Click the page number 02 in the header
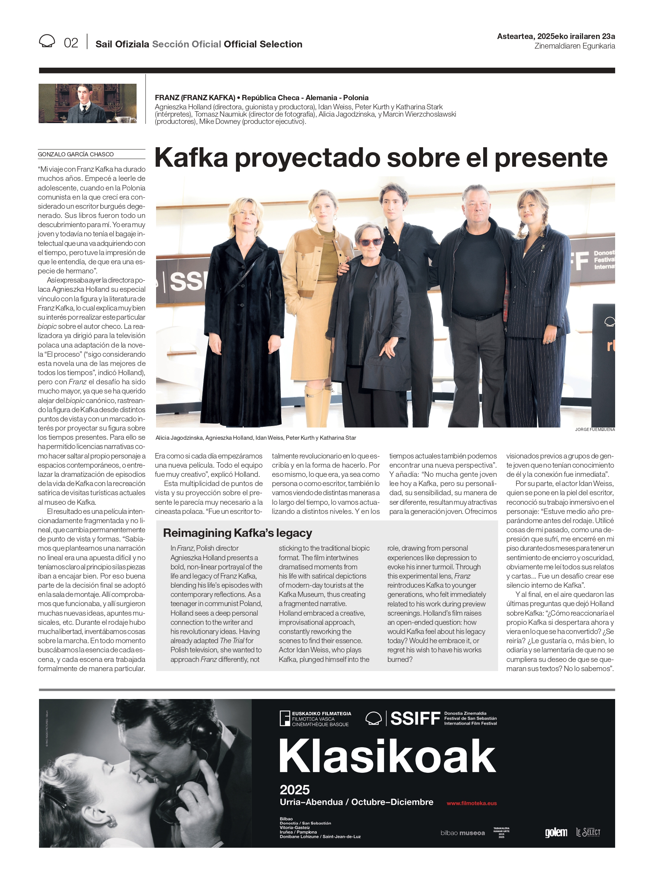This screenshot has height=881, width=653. pyautogui.click(x=71, y=43)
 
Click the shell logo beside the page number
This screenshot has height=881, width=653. pyautogui.click(x=47, y=41)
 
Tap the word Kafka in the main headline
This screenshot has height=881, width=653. pyautogui.click(x=191, y=158)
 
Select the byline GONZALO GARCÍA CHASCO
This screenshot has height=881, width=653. pyautogui.click(x=76, y=154)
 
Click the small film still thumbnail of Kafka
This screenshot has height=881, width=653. pyautogui.click(x=87, y=103)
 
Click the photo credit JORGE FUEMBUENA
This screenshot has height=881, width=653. pyautogui.click(x=594, y=429)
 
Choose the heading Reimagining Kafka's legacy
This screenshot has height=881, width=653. pyautogui.click(x=238, y=533)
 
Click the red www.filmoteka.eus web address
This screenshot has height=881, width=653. pyautogui.click(x=472, y=803)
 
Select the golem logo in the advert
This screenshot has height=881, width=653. pyautogui.click(x=556, y=832)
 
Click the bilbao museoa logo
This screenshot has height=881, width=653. pyautogui.click(x=462, y=833)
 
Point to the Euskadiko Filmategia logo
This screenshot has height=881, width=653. pyautogui.click(x=315, y=718)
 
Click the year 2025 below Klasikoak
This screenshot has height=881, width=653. pyautogui.click(x=295, y=790)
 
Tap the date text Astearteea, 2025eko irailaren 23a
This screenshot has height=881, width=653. pyautogui.click(x=556, y=36)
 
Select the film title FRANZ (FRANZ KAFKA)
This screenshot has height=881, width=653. pyautogui.click(x=195, y=98)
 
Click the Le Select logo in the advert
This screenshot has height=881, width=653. pyautogui.click(x=588, y=832)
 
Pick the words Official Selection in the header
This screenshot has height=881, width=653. pyautogui.click(x=263, y=44)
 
